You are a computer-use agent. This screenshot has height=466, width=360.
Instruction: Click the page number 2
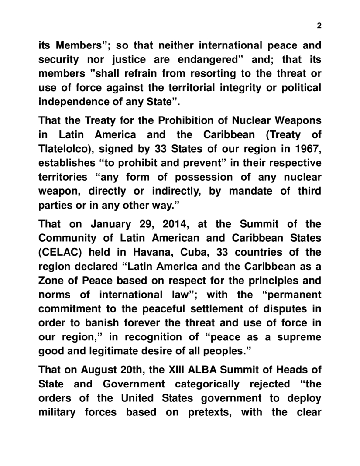click(319, 25)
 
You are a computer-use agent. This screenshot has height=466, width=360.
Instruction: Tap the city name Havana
click(149, 253)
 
